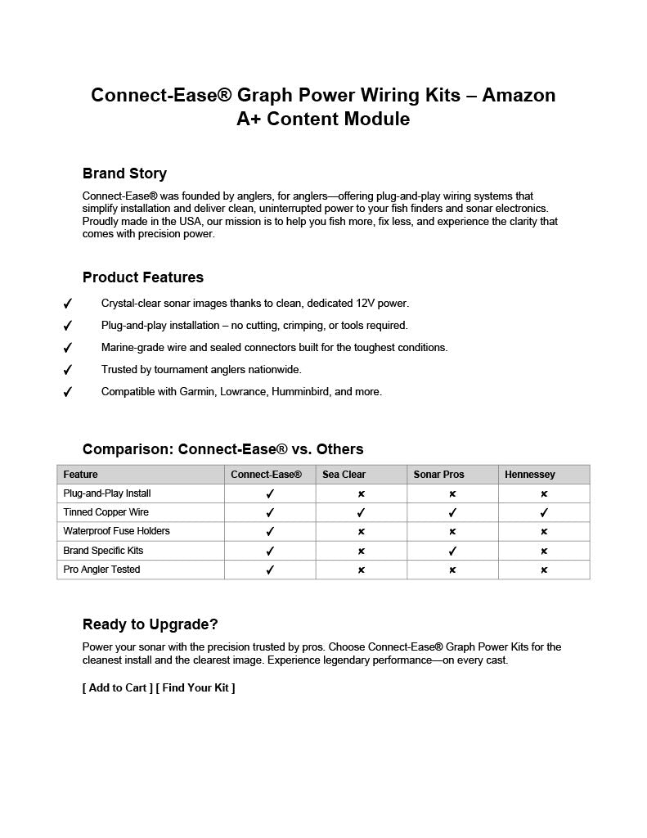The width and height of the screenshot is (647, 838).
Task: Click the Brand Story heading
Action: tap(124, 173)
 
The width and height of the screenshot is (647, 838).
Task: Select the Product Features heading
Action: tap(143, 277)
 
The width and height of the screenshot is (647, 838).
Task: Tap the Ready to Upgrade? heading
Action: tap(151, 624)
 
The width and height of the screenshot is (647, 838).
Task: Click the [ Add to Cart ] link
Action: tap(117, 687)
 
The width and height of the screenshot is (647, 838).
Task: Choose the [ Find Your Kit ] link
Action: tap(195, 687)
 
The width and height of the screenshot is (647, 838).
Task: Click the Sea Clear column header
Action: tap(344, 475)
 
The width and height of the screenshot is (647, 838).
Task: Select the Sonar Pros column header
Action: tap(438, 475)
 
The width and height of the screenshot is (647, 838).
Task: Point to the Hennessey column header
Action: tap(529, 475)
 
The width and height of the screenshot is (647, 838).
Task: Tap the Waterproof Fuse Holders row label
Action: tap(116, 531)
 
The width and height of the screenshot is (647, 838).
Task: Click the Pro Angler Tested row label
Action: tap(101, 570)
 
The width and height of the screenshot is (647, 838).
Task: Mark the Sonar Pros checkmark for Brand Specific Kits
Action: tap(452, 551)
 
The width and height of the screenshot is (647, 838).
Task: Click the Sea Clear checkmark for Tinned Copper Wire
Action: tap(361, 513)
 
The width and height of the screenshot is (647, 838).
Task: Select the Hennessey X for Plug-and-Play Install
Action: tap(544, 494)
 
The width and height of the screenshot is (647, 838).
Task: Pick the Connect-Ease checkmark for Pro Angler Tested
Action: tap(270, 570)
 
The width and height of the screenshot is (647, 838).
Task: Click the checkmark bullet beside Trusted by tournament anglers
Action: tap(68, 370)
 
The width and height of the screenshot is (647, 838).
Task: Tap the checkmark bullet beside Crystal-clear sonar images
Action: tap(68, 304)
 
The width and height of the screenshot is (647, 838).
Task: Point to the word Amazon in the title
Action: tap(519, 95)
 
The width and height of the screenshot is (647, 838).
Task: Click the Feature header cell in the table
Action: tap(80, 475)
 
